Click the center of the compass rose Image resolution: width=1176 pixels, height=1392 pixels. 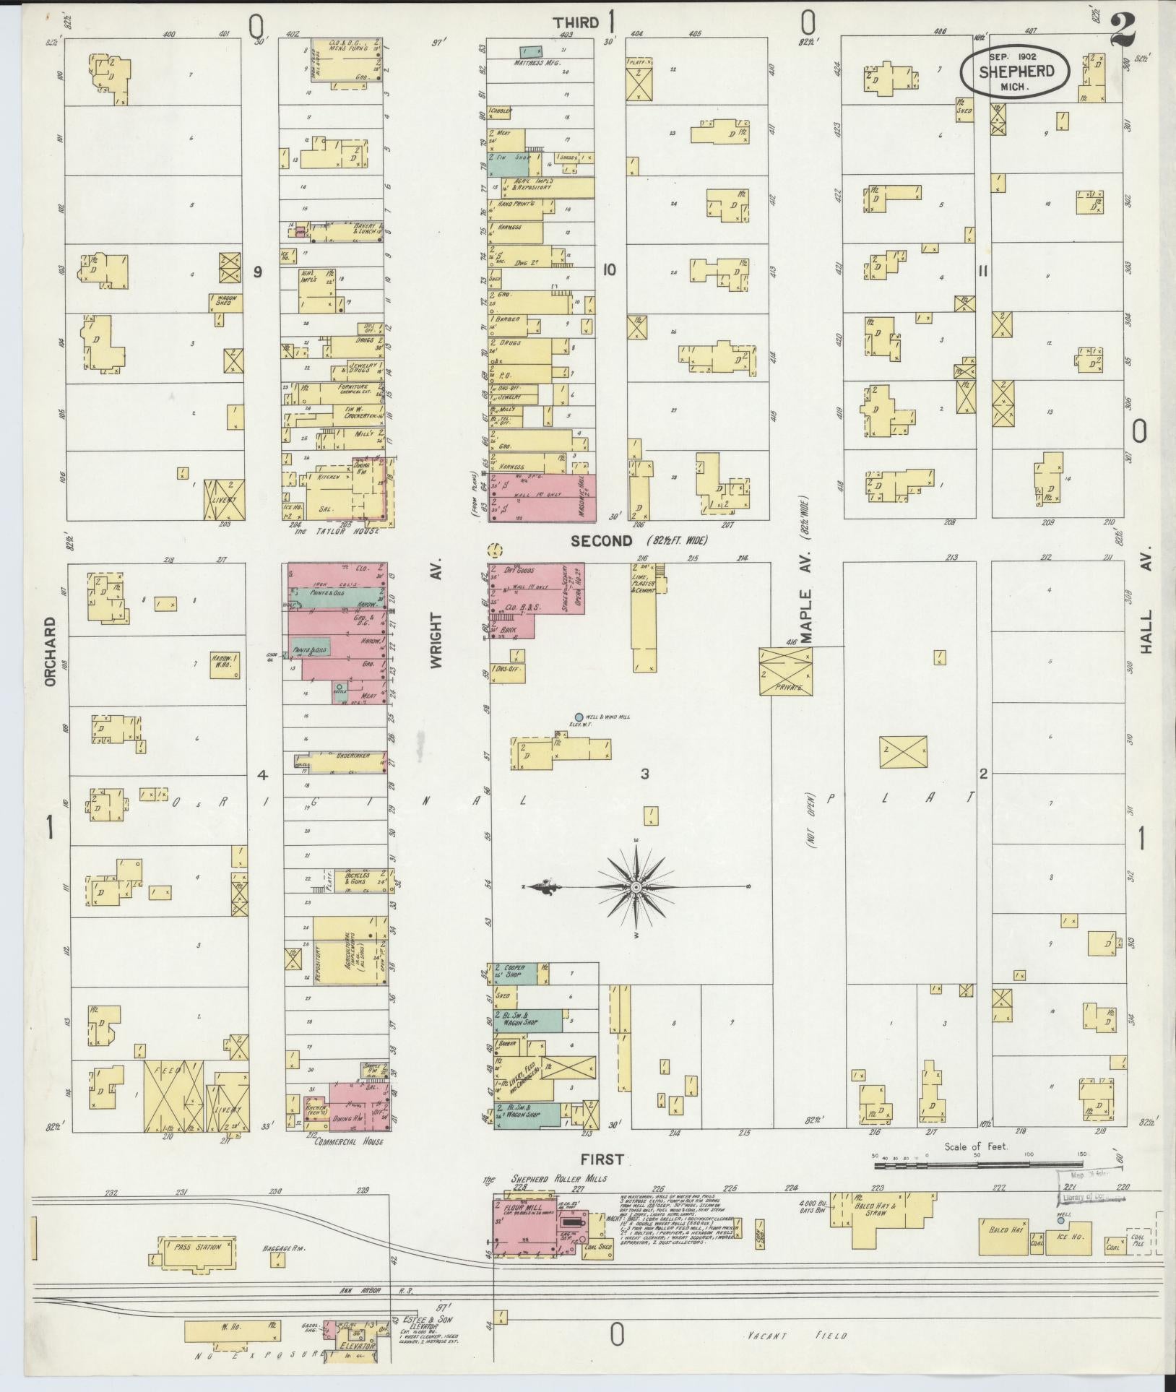tap(636, 886)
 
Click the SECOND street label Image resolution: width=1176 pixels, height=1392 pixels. tap(601, 540)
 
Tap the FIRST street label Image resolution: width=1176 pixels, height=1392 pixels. tap(603, 1159)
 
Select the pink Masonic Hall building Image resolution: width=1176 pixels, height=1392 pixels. tap(543, 497)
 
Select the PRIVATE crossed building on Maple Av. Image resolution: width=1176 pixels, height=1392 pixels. tap(786, 671)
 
